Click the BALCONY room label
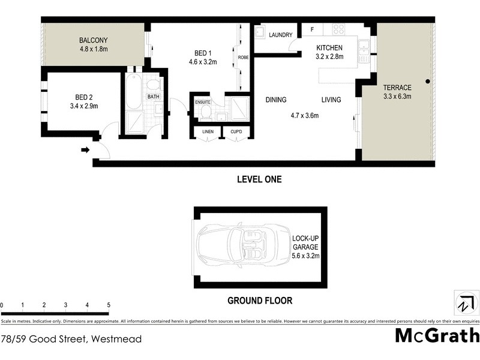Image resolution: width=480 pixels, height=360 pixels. coord(94,40)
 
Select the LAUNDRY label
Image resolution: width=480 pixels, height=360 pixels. coord(280,34)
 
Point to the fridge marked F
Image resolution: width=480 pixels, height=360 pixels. coord(312,29)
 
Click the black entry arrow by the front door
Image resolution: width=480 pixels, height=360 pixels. coord(85,150)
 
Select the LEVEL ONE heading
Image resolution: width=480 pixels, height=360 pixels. coord(259,179)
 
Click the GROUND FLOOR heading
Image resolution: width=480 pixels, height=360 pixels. coord(259,301)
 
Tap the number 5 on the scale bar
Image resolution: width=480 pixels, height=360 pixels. coord(109,305)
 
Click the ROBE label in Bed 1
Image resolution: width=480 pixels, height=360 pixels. coord(243,57)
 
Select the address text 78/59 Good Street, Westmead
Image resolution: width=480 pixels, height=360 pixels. coord(71,339)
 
